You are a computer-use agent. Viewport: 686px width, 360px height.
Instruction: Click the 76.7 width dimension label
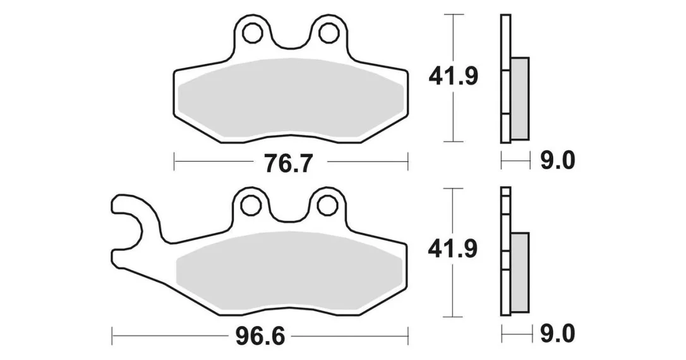(288, 163)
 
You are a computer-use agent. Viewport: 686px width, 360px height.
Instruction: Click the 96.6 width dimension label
(260, 337)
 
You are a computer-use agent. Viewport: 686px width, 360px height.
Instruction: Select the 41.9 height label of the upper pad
(454, 77)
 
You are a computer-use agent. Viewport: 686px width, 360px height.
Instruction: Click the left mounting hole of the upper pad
(251, 33)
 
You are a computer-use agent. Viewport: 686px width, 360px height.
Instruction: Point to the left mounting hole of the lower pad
(251, 206)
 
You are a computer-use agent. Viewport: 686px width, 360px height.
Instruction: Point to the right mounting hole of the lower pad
(327, 205)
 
